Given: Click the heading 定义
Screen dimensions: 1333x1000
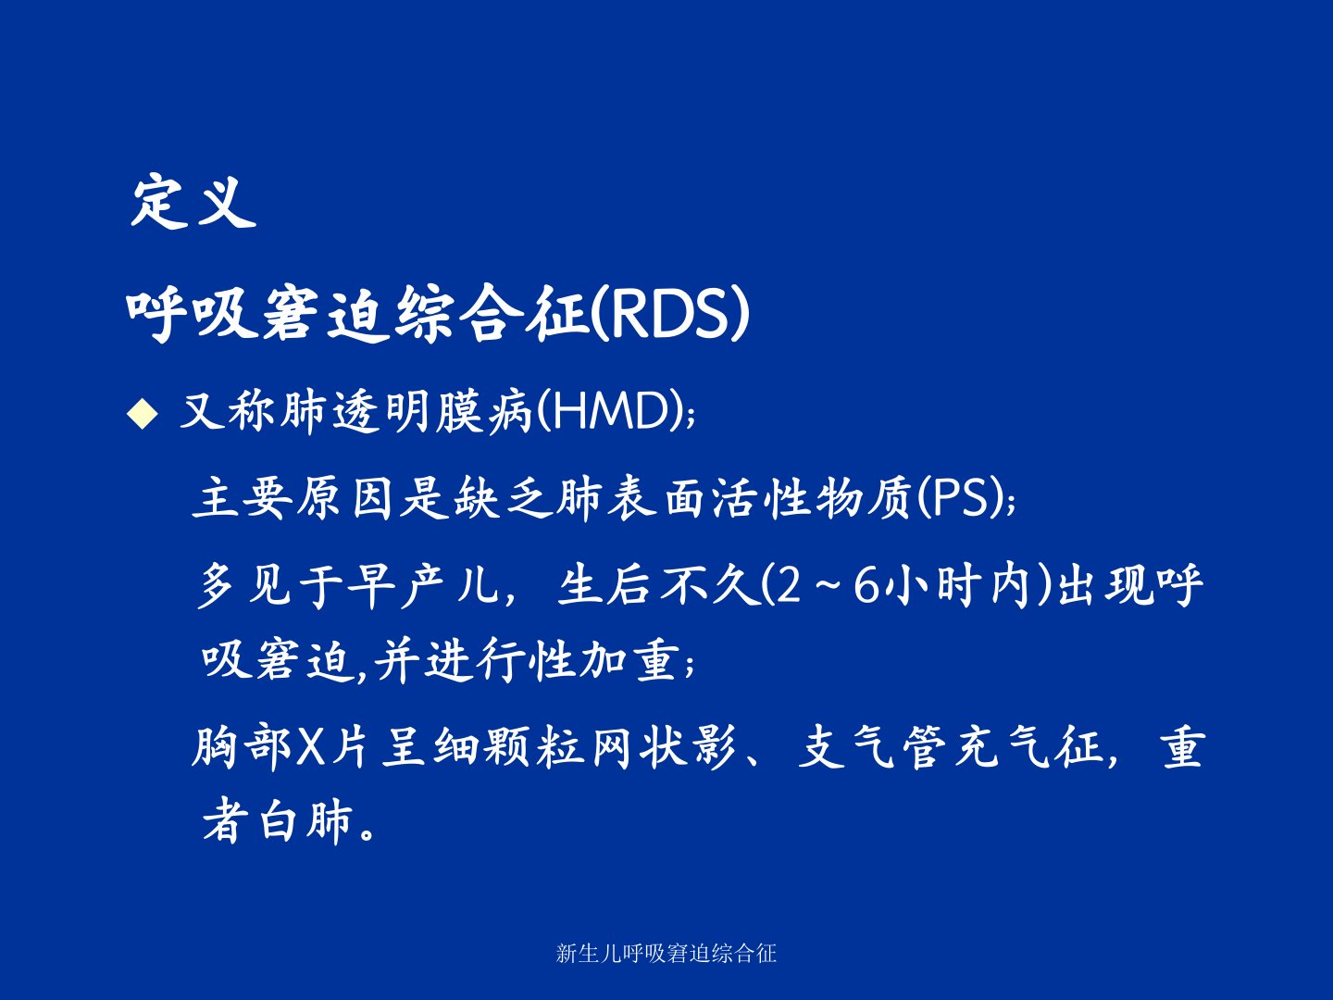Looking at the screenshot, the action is (x=193, y=202).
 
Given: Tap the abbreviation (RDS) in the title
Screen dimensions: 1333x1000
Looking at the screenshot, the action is (x=670, y=313).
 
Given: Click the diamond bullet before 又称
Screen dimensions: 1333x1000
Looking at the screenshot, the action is (x=143, y=414).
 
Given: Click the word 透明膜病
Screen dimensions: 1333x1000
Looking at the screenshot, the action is (x=432, y=411).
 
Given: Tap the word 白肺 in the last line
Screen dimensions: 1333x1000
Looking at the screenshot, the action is (x=306, y=820).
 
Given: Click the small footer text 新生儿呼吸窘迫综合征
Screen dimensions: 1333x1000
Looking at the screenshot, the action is (x=666, y=954).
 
